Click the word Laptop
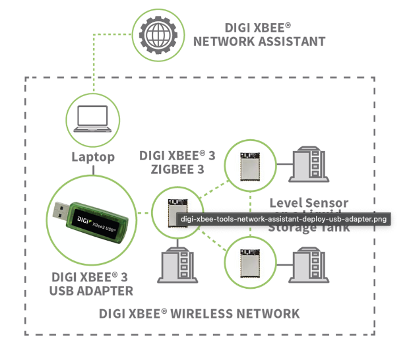point(93,157)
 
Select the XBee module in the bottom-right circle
point(250,260)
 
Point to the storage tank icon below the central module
point(177,264)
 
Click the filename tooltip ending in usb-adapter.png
point(284,219)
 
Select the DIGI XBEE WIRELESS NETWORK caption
point(199,313)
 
